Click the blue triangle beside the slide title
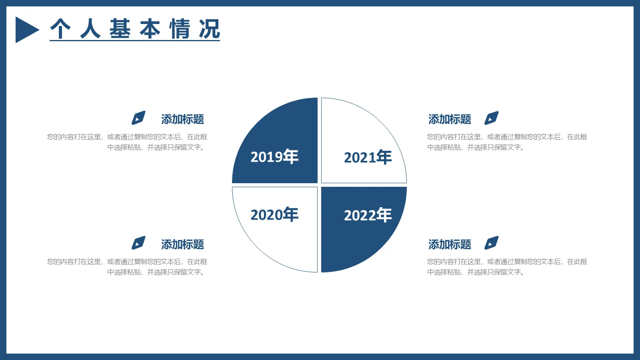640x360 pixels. tap(26, 30)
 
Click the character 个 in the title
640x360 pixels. tap(60, 29)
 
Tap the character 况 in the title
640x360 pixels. tap(210, 29)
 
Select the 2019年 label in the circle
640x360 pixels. tap(274, 157)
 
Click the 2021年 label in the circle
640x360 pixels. tap(368, 158)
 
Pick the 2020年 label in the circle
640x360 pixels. tap(274, 215)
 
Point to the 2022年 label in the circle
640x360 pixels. tap(368, 215)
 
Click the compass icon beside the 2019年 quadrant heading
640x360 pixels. tap(138, 118)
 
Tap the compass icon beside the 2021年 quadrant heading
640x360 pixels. tap(491, 118)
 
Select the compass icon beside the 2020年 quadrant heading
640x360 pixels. tap(138, 243)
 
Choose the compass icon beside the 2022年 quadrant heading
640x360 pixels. tap(491, 243)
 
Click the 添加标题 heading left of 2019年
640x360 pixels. tap(182, 119)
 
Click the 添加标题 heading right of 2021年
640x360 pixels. tap(450, 119)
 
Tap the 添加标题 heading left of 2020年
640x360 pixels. tap(182, 244)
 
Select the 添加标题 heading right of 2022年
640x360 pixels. tap(450, 244)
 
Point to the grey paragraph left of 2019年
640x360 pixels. tap(127, 142)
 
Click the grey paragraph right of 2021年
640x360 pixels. tap(507, 142)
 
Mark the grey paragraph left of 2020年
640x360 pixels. tap(127, 267)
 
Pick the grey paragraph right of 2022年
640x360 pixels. tap(507, 267)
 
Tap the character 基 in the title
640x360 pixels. tap(120, 29)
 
